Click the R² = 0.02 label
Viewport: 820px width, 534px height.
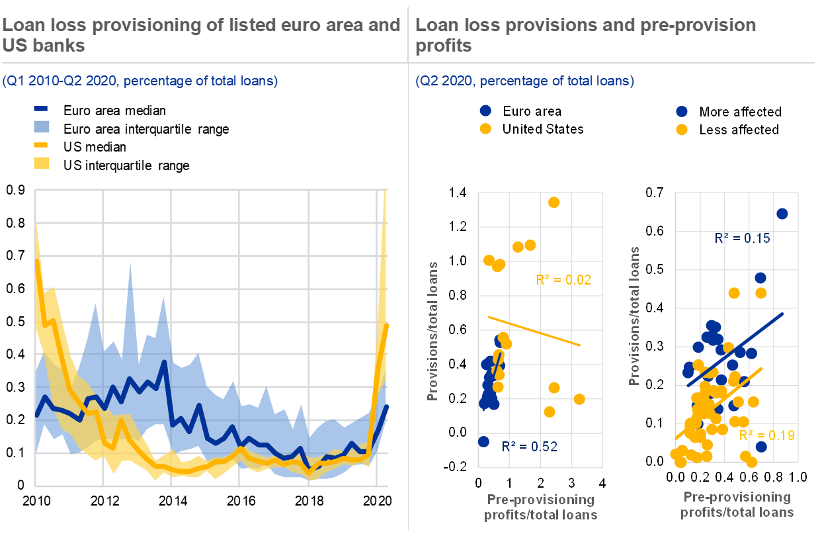pos(563,280)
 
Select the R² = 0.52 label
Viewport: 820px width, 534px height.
pos(530,447)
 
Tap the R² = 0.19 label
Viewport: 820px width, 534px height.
pos(766,435)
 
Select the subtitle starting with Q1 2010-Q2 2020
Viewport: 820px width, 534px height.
pos(140,81)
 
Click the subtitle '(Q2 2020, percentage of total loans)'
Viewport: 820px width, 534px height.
pos(524,81)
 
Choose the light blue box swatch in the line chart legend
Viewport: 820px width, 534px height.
pos(41,126)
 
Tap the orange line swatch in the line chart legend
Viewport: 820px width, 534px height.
pos(41,144)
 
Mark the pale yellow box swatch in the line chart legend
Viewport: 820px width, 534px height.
pos(41,163)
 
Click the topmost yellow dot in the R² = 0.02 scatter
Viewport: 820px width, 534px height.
pos(553,202)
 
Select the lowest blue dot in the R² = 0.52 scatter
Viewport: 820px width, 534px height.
pos(483,441)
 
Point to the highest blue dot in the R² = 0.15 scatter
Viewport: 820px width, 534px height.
pos(782,213)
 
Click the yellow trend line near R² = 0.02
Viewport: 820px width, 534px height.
pos(534,331)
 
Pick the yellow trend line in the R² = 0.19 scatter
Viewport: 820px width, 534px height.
pos(721,403)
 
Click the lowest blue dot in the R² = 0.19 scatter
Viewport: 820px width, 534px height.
pos(761,447)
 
